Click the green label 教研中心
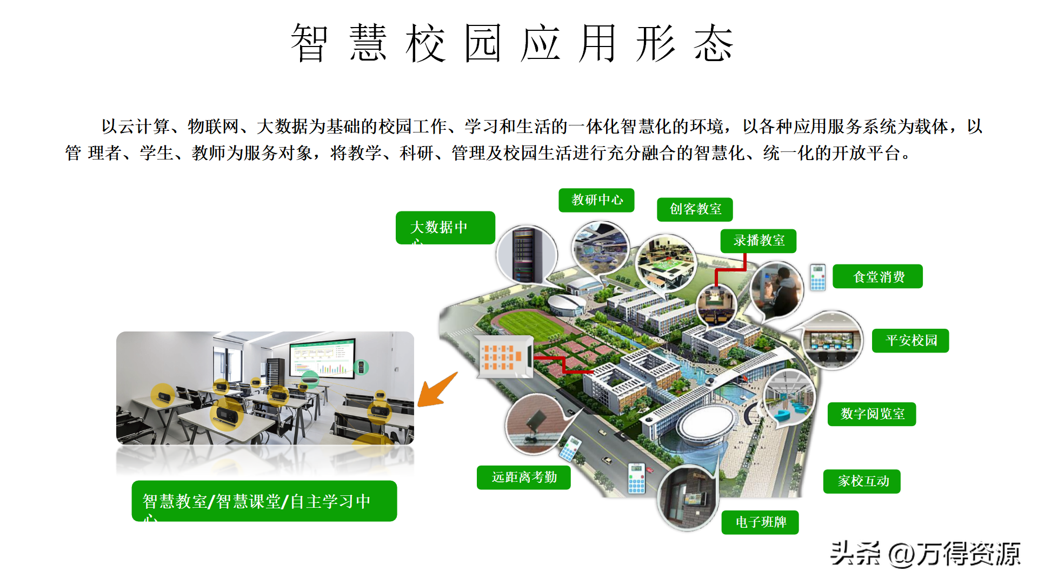[x=596, y=200]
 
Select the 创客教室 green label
[x=695, y=209]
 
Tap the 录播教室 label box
[x=758, y=241]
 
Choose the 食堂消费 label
[x=877, y=276]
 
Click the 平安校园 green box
[x=910, y=341]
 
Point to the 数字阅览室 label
[x=871, y=414]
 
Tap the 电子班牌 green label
[x=760, y=522]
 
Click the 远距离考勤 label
[x=523, y=477]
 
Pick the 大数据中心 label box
[x=445, y=228]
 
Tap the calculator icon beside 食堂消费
[x=817, y=277]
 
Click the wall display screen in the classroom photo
[x=323, y=358]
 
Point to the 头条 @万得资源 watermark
[x=924, y=554]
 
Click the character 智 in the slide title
[x=309, y=43]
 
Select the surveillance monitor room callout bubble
[x=832, y=341]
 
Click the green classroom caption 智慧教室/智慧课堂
[x=264, y=501]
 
